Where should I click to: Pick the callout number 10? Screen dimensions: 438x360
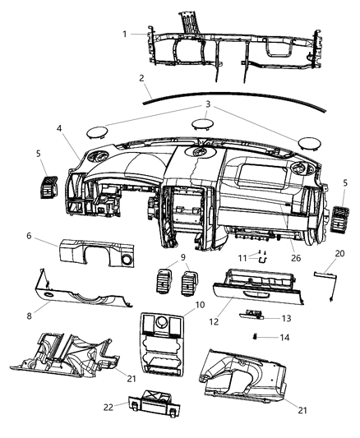pyautogui.click(x=199, y=305)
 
